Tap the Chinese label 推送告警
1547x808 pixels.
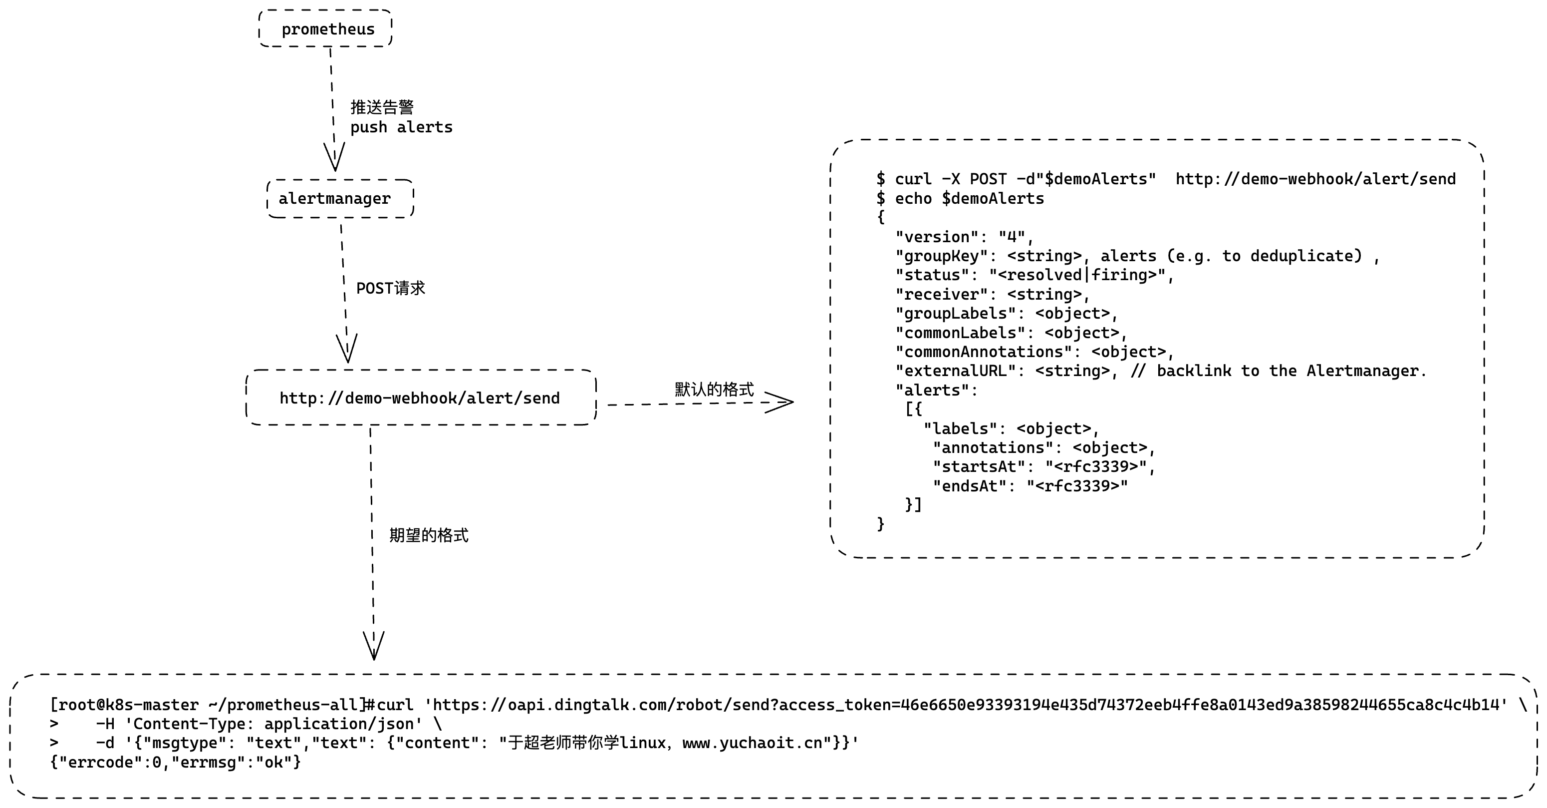pyautogui.click(x=382, y=107)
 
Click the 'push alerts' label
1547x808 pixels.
pyautogui.click(x=401, y=127)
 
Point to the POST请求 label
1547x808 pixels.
pyautogui.click(x=390, y=288)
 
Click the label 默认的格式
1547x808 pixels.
pyautogui.click(x=714, y=390)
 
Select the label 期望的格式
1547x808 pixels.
pyautogui.click(x=428, y=535)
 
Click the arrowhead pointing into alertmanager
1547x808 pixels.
pyautogui.click(x=334, y=157)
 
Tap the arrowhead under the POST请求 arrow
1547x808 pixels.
pyautogui.click(x=347, y=349)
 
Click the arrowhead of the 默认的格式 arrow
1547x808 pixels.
pyautogui.click(x=779, y=402)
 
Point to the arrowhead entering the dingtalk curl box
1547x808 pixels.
pyautogui.click(x=374, y=646)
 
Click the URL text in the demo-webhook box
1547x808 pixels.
pyautogui.click(x=420, y=398)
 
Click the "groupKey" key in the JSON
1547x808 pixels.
pyautogui.click(x=941, y=256)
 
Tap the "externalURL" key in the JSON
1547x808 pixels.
pyautogui.click(x=955, y=371)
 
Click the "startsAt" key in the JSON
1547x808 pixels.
pyautogui.click(x=979, y=466)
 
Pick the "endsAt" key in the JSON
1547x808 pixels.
pyautogui.click(x=969, y=485)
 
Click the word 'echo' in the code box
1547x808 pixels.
pyautogui.click(x=913, y=198)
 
